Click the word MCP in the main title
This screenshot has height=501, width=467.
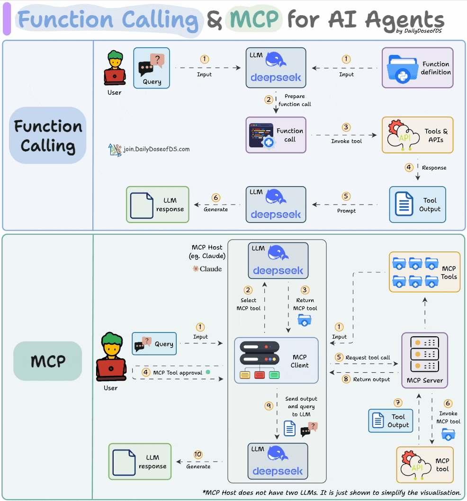(254, 20)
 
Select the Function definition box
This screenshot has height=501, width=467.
(417, 68)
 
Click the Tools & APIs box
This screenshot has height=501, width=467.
(417, 135)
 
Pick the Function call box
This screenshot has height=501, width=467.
(276, 135)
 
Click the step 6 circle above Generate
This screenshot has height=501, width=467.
(216, 198)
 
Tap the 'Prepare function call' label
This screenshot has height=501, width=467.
(295, 100)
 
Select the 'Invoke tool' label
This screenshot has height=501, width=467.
(346, 141)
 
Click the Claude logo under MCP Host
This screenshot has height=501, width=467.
(207, 269)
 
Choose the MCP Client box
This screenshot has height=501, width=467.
(276, 360)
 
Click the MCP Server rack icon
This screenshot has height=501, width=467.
(424, 354)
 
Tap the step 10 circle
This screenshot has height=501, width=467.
(198, 455)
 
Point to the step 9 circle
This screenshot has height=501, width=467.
(269, 406)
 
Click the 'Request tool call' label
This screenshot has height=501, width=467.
(368, 358)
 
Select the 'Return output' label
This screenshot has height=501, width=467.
(371, 379)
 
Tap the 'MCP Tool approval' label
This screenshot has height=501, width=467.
(178, 373)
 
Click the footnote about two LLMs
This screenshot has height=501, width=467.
(332, 492)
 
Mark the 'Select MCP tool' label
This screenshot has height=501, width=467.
(248, 304)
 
